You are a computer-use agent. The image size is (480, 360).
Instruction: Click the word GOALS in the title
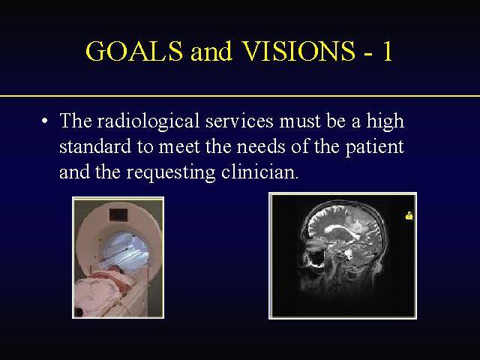134,51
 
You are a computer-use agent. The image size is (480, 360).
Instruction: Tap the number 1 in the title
387,51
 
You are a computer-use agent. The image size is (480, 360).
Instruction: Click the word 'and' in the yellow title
211,51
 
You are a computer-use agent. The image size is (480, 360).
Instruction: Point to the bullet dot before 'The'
45,121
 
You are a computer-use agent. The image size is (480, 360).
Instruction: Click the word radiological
148,121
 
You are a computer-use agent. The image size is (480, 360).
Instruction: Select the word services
239,121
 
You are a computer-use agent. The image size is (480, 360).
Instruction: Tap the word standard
95,147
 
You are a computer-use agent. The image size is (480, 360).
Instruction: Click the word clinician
259,172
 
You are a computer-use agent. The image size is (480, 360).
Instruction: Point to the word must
300,121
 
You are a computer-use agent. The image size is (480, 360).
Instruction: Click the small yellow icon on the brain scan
409,215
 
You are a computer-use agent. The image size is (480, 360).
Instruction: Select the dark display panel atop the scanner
118,215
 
